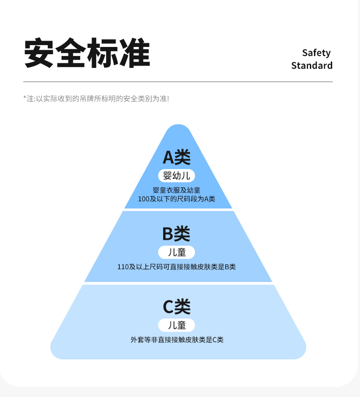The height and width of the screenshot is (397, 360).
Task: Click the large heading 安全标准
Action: (x=87, y=53)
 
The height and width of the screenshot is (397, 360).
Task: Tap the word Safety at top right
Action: (x=316, y=53)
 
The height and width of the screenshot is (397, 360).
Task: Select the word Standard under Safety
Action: (x=312, y=66)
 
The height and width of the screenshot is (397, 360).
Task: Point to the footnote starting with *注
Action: (x=96, y=98)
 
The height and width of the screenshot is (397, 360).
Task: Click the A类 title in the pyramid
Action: (x=177, y=157)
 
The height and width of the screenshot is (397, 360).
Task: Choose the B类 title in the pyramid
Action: (x=176, y=234)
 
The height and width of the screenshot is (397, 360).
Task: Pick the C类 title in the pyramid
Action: (x=177, y=307)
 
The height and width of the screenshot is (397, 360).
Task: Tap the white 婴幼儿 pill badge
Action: (x=177, y=175)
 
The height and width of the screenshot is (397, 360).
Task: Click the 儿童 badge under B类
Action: (x=177, y=253)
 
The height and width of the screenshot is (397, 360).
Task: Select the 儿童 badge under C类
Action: (x=177, y=325)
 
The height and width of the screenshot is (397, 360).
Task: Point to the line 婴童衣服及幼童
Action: (x=177, y=190)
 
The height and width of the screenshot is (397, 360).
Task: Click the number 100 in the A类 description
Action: (x=144, y=199)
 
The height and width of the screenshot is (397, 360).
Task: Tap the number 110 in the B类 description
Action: (x=123, y=267)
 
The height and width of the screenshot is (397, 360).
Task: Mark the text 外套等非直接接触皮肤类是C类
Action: (x=177, y=340)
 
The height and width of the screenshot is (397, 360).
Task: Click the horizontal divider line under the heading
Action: (x=178, y=82)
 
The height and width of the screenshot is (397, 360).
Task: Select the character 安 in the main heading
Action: (x=39, y=53)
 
